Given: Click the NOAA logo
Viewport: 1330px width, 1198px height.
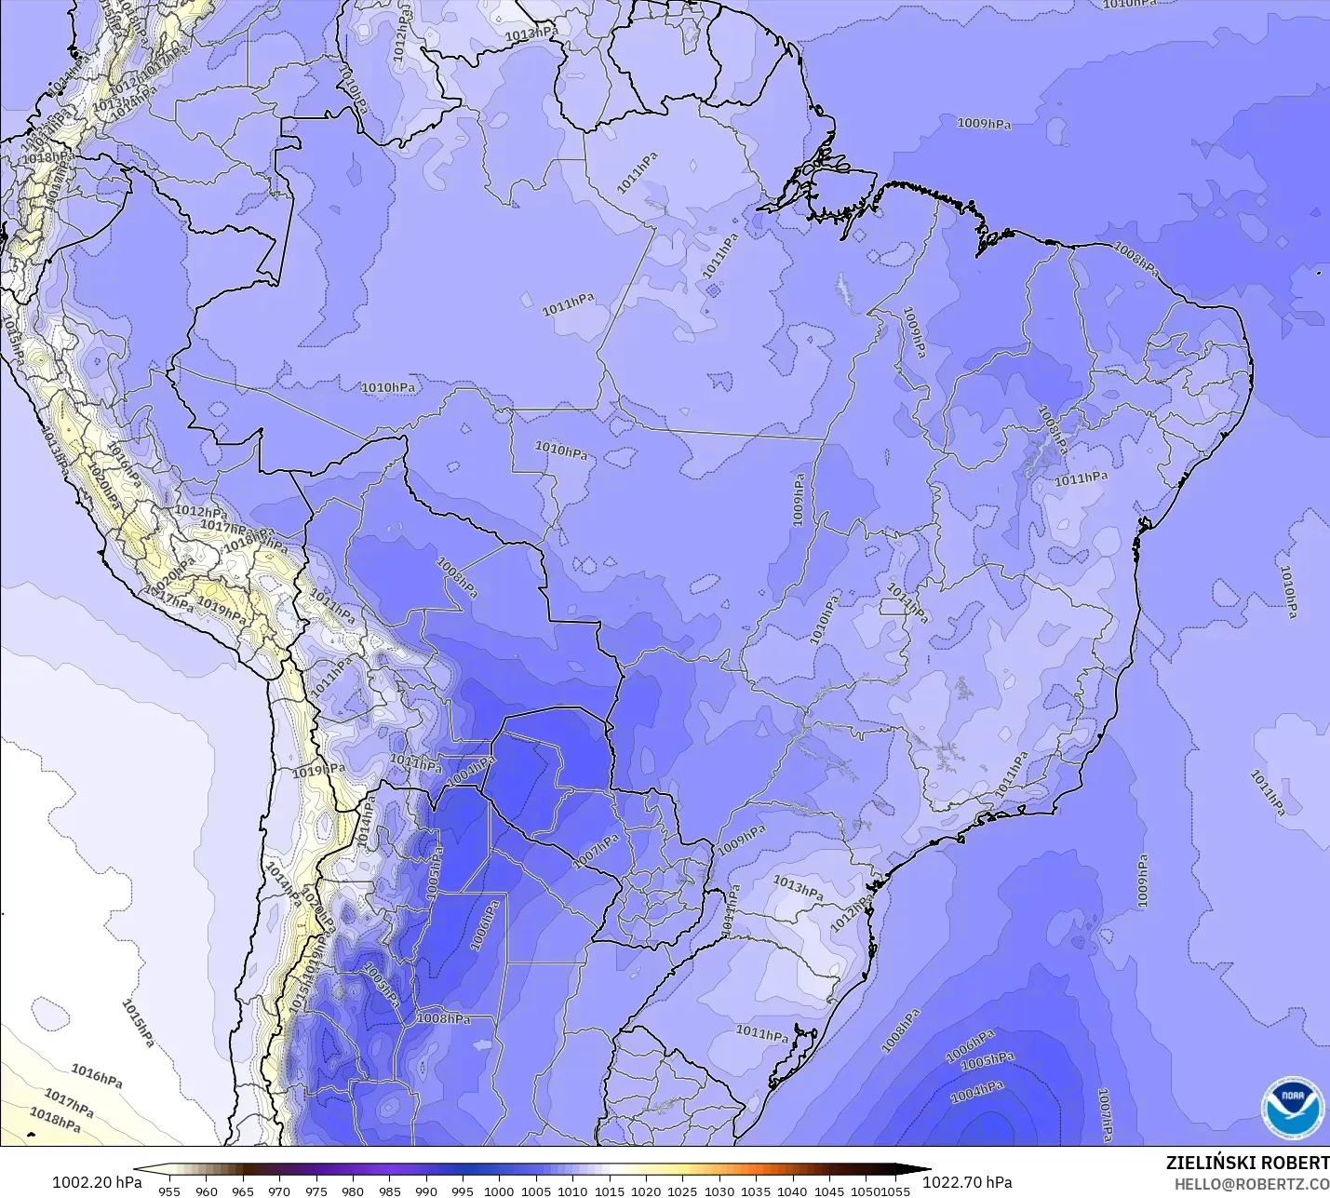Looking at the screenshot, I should click(x=1292, y=1107).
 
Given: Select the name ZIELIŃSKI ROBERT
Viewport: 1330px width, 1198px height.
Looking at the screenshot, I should click(x=1247, y=1164).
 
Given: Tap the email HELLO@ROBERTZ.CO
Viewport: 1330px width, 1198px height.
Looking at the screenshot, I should click(x=1251, y=1184).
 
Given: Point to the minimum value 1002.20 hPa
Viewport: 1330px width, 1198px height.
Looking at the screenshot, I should click(x=97, y=1182).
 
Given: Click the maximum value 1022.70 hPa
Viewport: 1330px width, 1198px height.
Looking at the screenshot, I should click(x=967, y=1182).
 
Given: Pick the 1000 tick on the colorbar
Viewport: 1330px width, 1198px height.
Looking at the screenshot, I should click(x=499, y=1191).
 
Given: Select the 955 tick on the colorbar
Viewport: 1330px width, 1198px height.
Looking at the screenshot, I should click(x=169, y=1191).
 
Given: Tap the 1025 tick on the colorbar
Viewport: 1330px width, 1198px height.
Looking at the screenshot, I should click(x=682, y=1191).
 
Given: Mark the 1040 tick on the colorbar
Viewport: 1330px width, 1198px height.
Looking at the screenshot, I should click(x=792, y=1191).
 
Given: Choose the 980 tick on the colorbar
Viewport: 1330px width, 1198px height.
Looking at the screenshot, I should click(x=353, y=1191).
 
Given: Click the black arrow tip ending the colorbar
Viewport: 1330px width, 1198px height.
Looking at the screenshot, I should click(x=921, y=1170).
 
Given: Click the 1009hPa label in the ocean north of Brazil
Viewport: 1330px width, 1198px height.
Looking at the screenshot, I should click(x=984, y=124).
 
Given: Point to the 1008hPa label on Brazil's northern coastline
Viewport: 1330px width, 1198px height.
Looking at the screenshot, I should click(x=1136, y=259).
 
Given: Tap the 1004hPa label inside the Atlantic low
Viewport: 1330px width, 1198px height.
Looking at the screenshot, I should click(x=976, y=1092).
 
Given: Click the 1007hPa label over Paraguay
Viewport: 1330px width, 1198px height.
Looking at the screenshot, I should click(x=596, y=852).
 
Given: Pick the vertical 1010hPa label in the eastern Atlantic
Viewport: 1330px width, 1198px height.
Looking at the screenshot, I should click(x=1288, y=592).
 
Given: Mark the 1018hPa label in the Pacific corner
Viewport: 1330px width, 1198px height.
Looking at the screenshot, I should click(x=55, y=1120).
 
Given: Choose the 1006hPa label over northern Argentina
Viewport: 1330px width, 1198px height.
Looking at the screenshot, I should click(x=485, y=925).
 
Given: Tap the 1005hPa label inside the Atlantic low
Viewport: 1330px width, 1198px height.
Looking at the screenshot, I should click(x=987, y=1061).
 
